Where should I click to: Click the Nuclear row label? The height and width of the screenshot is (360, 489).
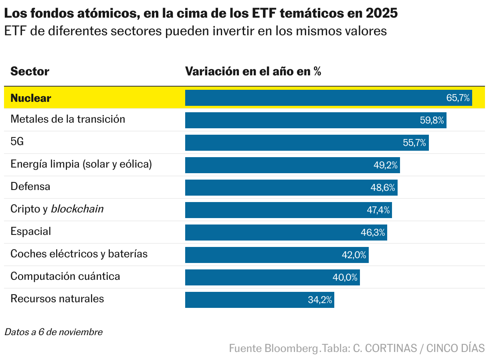[31, 98]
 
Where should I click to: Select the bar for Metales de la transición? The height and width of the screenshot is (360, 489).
[315, 120]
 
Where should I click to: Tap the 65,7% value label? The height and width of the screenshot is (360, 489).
[458, 98]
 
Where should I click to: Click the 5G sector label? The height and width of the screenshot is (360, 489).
[17, 142]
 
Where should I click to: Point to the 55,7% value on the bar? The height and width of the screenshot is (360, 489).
[414, 143]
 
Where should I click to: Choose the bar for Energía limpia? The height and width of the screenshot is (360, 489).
[292, 165]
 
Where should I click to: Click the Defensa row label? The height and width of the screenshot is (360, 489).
[30, 186]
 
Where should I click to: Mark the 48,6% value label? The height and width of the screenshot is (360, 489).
[383, 188]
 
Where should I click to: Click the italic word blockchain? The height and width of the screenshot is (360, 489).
[77, 209]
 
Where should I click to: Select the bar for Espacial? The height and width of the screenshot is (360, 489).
[286, 233]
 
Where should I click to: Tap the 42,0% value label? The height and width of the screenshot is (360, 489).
[354, 255]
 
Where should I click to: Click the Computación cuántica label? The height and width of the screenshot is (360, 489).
[65, 276]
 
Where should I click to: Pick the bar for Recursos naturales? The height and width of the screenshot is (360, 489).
[259, 300]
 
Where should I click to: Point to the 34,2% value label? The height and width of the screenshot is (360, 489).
[320, 300]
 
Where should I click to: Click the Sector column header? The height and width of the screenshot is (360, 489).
[30, 71]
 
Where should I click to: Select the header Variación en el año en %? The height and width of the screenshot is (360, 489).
[253, 71]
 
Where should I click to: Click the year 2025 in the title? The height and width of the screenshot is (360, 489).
[382, 14]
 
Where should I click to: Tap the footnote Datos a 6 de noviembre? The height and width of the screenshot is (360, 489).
[53, 332]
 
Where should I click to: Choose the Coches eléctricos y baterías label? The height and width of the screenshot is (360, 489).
[79, 254]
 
